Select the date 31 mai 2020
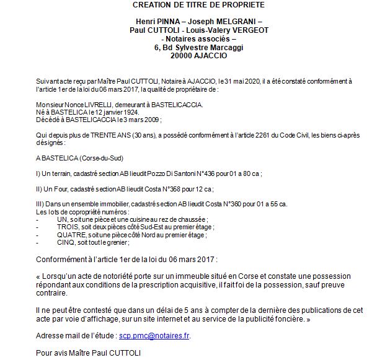(x=241, y=81)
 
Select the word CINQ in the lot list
(x=65, y=242)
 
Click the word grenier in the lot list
(x=112, y=242)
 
